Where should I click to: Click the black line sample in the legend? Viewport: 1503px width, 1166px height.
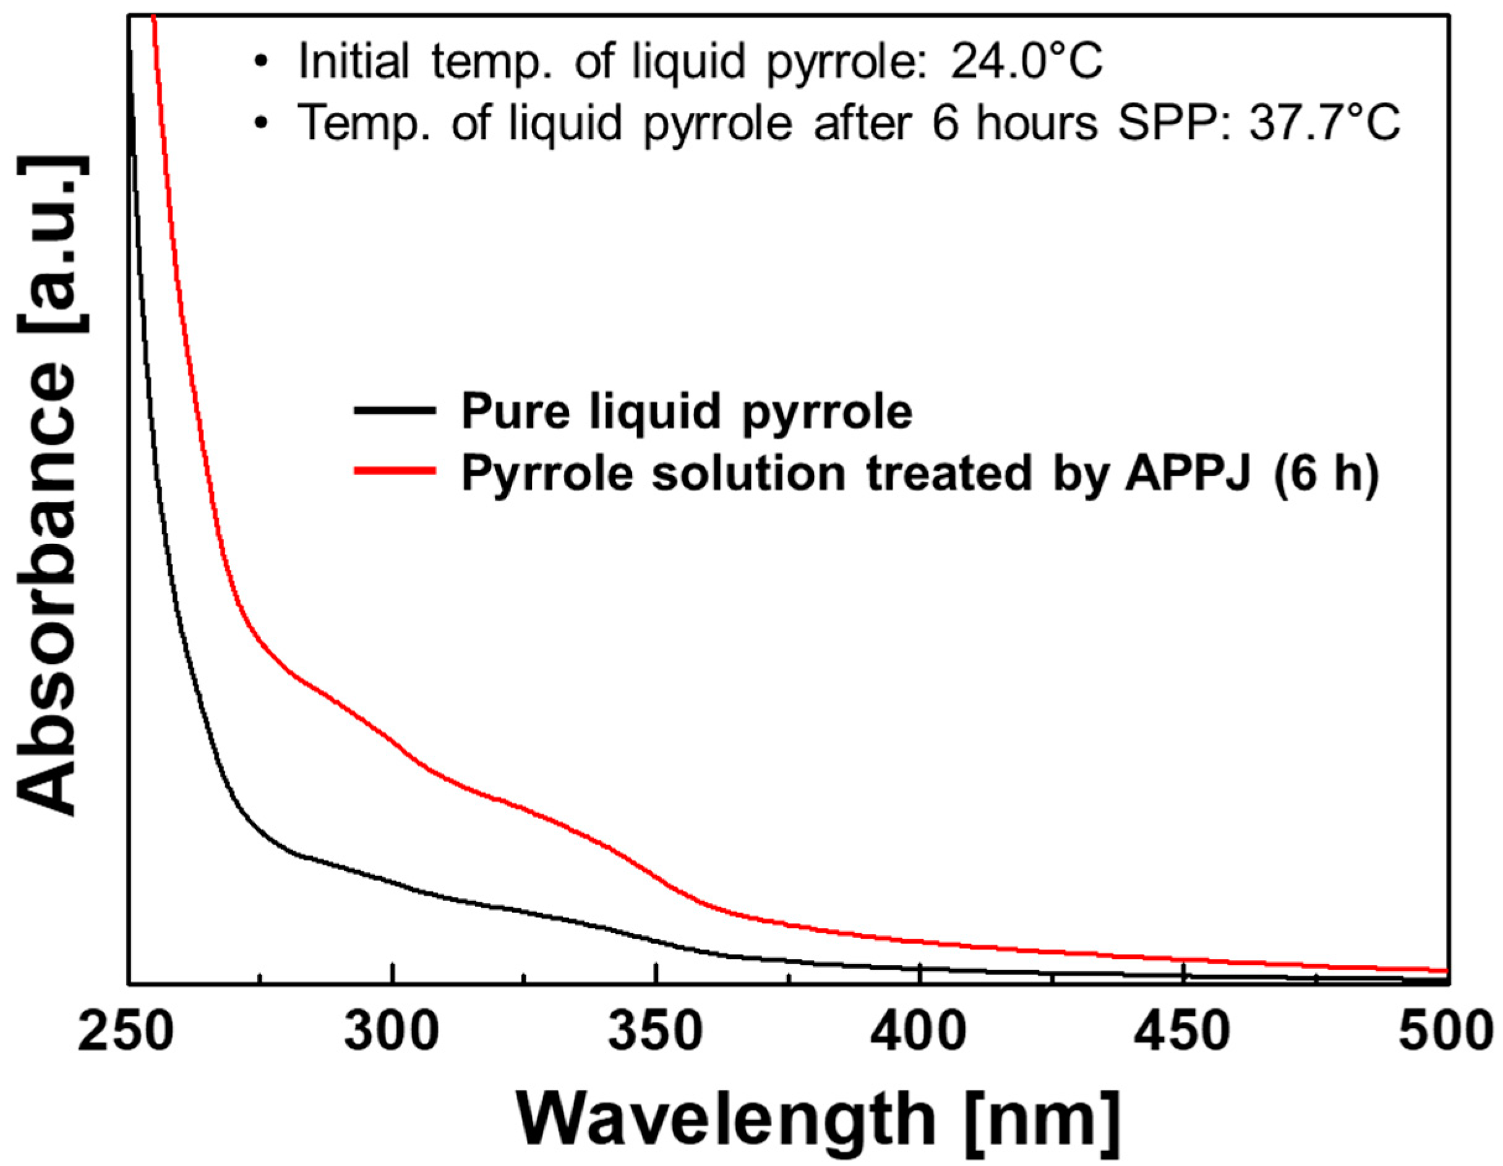click(x=395, y=411)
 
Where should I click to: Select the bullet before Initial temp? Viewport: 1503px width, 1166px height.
click(x=261, y=62)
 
